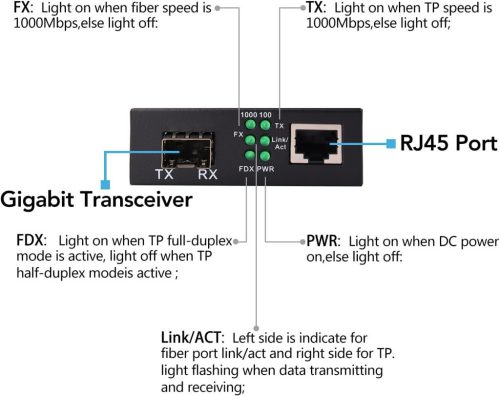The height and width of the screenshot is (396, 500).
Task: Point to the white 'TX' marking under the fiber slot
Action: [164, 175]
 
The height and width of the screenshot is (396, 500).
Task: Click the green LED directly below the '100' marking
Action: [266, 126]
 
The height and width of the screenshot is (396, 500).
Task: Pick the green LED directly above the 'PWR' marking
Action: [265, 156]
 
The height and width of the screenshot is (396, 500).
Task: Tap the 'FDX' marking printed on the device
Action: [246, 168]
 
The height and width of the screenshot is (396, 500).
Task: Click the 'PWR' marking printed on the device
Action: [266, 168]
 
